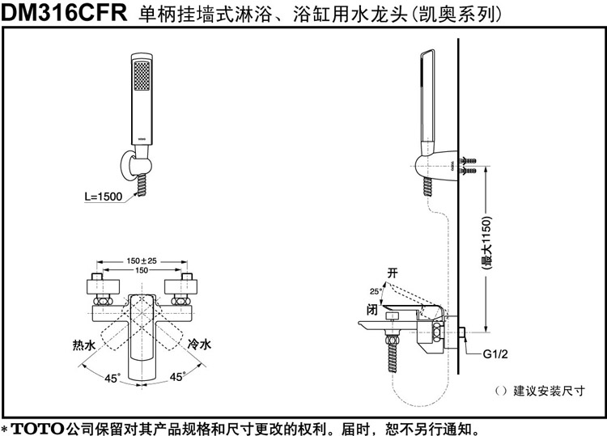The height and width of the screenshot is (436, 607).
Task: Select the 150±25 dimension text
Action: (x=142, y=260)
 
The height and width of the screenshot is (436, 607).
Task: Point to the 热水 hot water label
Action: (x=83, y=345)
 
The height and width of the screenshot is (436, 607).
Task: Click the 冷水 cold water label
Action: (x=199, y=345)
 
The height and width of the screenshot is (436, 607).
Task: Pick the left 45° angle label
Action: (x=112, y=377)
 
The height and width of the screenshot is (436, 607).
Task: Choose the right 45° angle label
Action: (x=177, y=377)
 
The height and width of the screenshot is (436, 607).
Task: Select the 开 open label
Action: (x=393, y=273)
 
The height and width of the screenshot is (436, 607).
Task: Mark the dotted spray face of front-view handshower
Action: (x=142, y=77)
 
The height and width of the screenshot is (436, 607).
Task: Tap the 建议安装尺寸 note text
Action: (x=550, y=392)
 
